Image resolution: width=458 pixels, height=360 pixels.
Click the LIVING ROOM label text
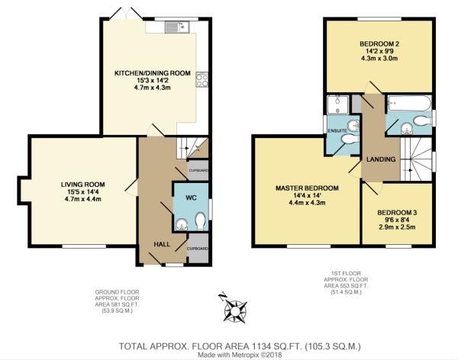coord(82,184)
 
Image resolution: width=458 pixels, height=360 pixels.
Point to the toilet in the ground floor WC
coord(199,221)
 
